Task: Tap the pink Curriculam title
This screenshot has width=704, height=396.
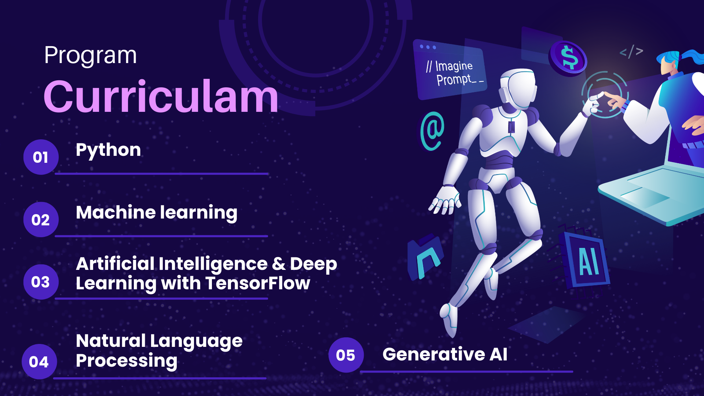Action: click(161, 97)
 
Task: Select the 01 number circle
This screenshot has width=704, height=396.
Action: click(41, 157)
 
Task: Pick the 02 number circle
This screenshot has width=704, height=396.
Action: click(41, 220)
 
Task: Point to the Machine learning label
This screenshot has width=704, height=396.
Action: click(157, 213)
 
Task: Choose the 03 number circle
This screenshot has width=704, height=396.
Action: click(41, 282)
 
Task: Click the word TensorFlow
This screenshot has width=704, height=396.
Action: click(258, 283)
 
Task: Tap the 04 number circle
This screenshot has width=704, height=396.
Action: click(39, 362)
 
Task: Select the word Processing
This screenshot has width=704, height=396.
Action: click(126, 361)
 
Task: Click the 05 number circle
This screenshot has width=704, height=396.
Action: click(346, 355)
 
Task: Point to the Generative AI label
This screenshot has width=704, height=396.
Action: click(445, 354)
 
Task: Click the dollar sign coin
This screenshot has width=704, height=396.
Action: click(568, 58)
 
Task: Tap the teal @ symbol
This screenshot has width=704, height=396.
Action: click(432, 131)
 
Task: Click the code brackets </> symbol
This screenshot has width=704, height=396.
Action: click(631, 52)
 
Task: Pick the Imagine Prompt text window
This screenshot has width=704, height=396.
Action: click(450, 70)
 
